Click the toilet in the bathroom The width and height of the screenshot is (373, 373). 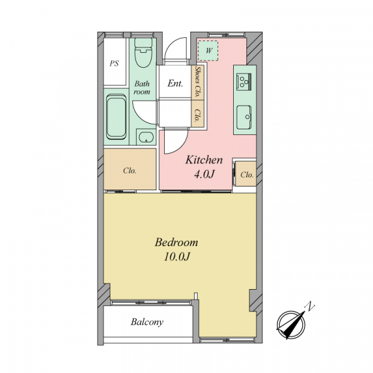(x=143, y=52)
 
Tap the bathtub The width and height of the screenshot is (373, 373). (x=116, y=117)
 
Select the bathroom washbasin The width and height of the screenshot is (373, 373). (x=146, y=137)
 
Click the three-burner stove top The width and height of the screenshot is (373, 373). (x=244, y=81)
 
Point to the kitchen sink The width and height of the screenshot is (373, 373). (x=244, y=117)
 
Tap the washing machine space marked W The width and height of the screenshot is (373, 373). (x=208, y=51)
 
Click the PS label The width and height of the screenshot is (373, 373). (x=114, y=63)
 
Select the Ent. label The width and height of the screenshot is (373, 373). (x=175, y=83)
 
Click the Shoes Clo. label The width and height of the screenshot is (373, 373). (x=198, y=81)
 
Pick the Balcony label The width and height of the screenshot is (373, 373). (x=147, y=322)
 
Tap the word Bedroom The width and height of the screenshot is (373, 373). (x=177, y=242)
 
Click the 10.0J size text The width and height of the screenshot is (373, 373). (x=177, y=257)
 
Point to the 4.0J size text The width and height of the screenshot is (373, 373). (x=205, y=174)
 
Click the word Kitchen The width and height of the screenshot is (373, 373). (x=204, y=160)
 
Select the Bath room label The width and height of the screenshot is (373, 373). (x=142, y=88)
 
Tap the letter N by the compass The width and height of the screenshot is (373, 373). (x=310, y=306)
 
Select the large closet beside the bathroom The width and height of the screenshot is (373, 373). (x=130, y=169)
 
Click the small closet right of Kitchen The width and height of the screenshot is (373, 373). (x=246, y=174)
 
